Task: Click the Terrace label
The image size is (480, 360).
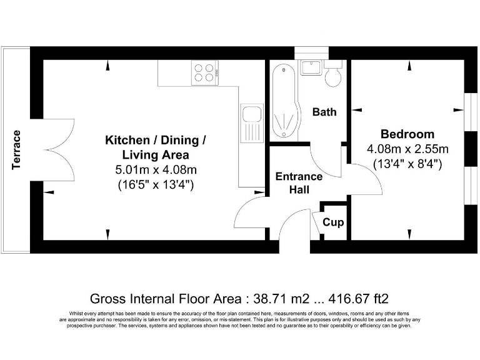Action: click(17, 150)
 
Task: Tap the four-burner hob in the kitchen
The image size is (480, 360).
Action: click(204, 72)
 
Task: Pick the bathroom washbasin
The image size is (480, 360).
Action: click(311, 67)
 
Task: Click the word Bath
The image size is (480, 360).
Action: click(324, 112)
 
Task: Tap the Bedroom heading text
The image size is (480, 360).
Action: click(407, 134)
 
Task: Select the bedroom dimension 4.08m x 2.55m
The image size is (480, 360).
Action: click(407, 149)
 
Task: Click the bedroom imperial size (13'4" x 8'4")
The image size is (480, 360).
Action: click(407, 164)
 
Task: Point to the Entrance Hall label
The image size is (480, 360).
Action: click(299, 183)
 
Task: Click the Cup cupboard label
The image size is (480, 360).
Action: click(333, 222)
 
